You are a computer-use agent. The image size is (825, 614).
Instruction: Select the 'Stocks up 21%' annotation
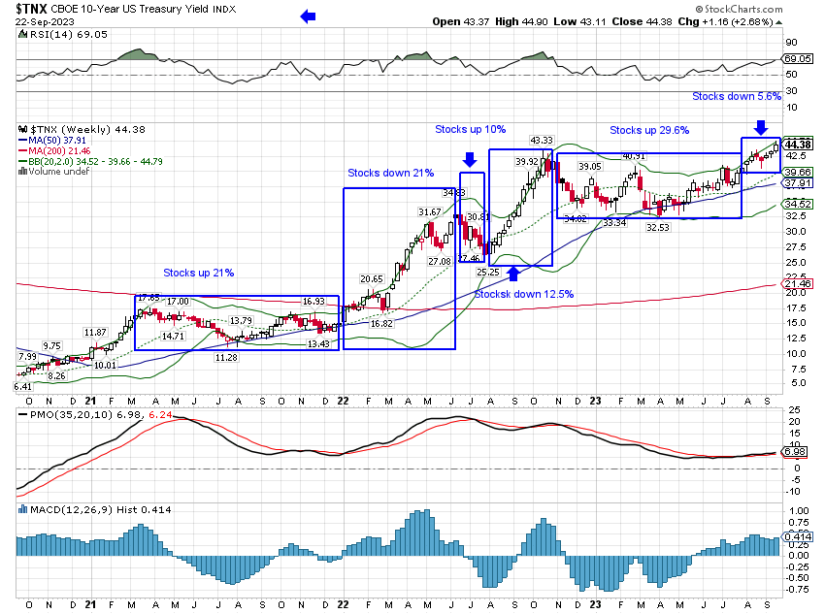[x=198, y=273]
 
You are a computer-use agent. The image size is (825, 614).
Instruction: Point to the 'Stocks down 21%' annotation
[x=391, y=173]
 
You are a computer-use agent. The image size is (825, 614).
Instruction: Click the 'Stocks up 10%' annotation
[x=470, y=129]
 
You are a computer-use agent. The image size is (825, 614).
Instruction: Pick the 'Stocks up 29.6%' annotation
[x=649, y=130]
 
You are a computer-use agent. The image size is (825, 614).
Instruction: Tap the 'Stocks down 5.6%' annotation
[x=737, y=97]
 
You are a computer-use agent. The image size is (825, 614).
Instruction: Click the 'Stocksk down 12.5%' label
[x=524, y=294]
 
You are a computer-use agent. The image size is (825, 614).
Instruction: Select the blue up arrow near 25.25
[x=511, y=275]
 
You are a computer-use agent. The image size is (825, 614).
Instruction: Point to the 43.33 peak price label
[x=542, y=141]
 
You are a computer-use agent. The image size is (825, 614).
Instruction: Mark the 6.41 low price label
[x=23, y=387]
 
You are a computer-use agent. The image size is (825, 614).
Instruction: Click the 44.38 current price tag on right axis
[x=799, y=145]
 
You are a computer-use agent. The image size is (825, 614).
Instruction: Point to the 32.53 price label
[x=658, y=227]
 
